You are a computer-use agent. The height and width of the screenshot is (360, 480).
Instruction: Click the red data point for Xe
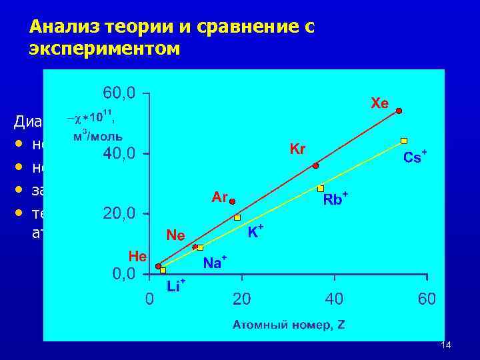coord(399,111)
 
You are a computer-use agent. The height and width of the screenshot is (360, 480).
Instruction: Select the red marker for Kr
coord(315,165)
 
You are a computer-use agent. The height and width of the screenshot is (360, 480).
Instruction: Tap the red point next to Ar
coord(232,200)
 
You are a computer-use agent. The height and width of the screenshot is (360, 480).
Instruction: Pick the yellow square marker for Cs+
coord(404,141)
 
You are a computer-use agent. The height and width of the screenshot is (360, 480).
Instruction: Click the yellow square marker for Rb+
coord(321,188)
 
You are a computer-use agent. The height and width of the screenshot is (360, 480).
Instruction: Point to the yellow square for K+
coord(237,217)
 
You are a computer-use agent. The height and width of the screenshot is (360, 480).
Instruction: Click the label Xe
coord(379,103)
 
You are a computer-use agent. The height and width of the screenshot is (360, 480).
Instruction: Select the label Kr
coord(297,149)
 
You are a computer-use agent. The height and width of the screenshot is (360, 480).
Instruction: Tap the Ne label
coord(176,235)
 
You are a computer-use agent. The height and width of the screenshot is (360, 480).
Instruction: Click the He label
coord(138,255)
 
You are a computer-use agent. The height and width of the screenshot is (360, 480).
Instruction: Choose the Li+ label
coord(176,287)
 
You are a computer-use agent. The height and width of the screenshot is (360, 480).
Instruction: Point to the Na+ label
coord(215,263)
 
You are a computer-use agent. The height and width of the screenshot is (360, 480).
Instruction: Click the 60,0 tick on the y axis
coord(119,93)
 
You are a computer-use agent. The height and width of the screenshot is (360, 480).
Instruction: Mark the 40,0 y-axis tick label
coord(119,153)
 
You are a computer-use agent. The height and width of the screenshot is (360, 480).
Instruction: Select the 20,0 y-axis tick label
coord(119,213)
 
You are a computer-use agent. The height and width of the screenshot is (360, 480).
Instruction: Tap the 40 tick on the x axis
coord(334,299)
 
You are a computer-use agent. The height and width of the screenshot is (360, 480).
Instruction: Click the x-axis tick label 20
coord(241,299)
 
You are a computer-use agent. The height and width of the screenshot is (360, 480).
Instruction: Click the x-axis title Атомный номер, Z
coord(289,325)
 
